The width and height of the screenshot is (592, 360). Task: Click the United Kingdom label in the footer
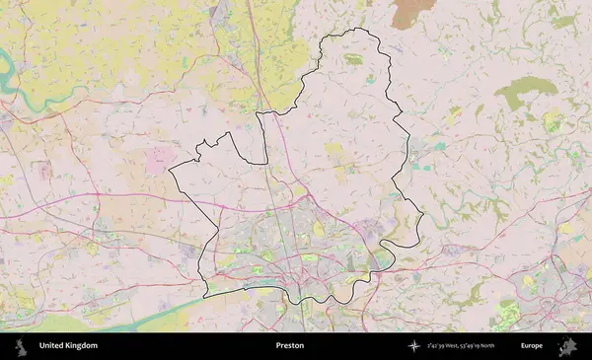68,346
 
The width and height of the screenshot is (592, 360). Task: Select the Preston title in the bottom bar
290,346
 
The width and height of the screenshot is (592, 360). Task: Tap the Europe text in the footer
532,346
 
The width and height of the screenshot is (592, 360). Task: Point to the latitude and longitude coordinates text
463,346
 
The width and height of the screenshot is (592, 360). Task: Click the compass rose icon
412,346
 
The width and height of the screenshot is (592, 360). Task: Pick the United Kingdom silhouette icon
22,346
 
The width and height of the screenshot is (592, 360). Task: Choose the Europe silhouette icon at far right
567,346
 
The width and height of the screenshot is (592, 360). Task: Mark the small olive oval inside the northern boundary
353,59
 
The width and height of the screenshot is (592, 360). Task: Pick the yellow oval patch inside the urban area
318,229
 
